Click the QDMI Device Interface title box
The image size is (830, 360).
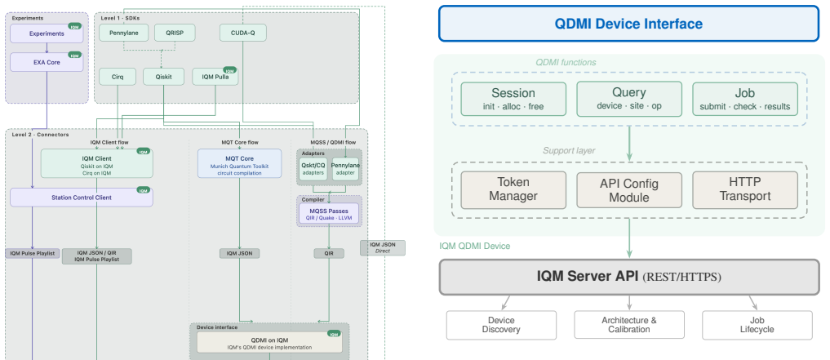(x=628, y=24)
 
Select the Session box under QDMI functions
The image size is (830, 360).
(x=513, y=99)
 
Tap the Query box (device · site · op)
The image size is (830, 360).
(x=629, y=99)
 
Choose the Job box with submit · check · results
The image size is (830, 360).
(x=745, y=99)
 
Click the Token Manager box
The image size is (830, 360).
(x=513, y=189)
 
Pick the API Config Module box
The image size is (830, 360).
(x=629, y=189)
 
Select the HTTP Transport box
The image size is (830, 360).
(x=745, y=189)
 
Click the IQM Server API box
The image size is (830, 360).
(x=629, y=277)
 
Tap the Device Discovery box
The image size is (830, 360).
(x=501, y=325)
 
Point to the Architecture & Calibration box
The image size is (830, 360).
(x=629, y=325)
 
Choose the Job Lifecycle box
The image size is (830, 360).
(x=757, y=325)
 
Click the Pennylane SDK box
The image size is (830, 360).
(x=123, y=33)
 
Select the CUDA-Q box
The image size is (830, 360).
(x=243, y=33)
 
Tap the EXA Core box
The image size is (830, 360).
(x=47, y=62)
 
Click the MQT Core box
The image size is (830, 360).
(x=240, y=163)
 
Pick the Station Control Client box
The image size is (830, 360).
(x=82, y=198)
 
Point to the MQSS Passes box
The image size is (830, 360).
(x=329, y=215)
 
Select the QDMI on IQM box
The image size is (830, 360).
(x=269, y=343)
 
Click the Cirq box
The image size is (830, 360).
(x=118, y=77)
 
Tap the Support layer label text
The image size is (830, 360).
(x=569, y=151)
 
